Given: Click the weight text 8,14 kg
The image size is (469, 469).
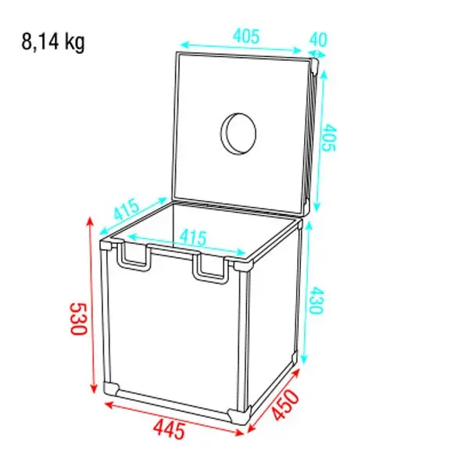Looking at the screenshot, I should coord(54,42).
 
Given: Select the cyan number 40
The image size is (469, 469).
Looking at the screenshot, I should coord(317,38).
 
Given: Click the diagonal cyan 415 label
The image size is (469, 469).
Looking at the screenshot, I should coord(127,211).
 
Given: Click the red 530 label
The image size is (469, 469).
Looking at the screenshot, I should coord(76,319).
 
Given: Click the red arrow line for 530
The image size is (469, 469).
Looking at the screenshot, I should coord(92,305).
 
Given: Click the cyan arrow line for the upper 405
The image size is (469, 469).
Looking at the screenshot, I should coord(242,46).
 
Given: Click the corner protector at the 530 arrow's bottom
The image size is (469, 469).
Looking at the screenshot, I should coord(112,388).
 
